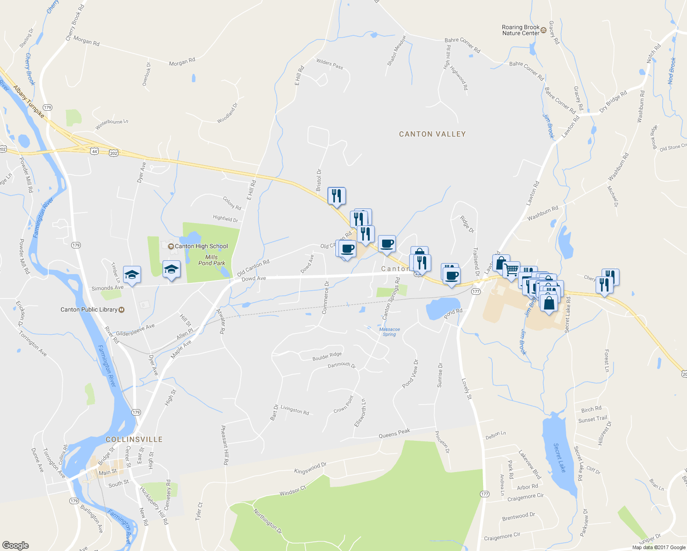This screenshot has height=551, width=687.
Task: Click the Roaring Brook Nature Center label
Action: [x=520, y=30]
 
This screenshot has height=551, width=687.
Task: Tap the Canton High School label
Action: [x=201, y=246]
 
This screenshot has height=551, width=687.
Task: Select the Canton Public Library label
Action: [x=89, y=309]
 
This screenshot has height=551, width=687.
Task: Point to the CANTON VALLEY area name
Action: [x=432, y=134]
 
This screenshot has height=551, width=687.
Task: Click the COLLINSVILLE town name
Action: [x=134, y=439]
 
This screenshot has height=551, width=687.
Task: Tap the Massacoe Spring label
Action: [x=389, y=332]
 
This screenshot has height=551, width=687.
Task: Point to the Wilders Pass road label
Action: [x=330, y=64]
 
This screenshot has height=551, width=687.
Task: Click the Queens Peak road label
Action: [x=394, y=433]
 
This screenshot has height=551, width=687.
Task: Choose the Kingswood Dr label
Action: [x=310, y=468]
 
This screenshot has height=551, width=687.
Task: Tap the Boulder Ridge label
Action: [x=327, y=356]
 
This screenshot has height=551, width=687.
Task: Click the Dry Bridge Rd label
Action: [x=613, y=101]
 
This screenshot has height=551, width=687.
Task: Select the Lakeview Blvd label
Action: [x=530, y=465]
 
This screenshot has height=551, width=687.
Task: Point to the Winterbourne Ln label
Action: [x=112, y=124]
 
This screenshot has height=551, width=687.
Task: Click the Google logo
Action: [x=15, y=545]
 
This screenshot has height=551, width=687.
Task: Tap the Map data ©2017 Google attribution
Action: [x=659, y=547]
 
